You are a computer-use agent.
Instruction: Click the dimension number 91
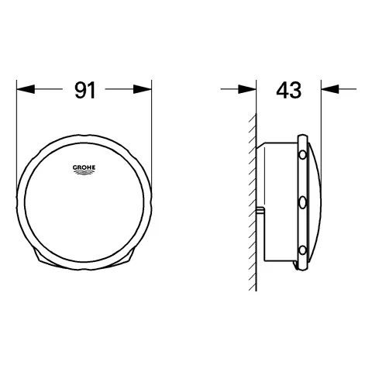[x=84, y=90]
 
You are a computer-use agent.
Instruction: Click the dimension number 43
[x=288, y=90]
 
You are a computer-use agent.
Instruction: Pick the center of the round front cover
[x=84, y=203]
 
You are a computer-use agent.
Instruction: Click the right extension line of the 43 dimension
[x=319, y=116]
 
